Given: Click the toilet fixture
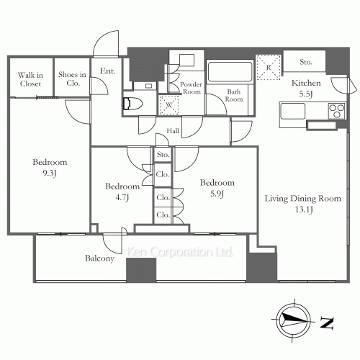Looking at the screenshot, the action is pos(132,104).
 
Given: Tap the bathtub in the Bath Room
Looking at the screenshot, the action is pos(230,71).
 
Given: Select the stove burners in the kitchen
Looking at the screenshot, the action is pos(337,111).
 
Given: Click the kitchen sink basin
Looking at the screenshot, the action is pos(292,111).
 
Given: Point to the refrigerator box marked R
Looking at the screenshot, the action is pos(269,68).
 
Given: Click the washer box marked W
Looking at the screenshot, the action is pos(169,105).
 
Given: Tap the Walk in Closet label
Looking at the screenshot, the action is pos(30,79).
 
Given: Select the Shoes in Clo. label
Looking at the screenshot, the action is pos(72,78).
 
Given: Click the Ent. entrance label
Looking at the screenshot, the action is pos(107,71).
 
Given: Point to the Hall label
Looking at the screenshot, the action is pos(173,131).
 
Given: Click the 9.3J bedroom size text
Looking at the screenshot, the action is pos(50,174).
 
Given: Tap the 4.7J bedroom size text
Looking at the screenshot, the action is pos(122,197).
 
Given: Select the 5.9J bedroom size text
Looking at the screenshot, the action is pos(217,194).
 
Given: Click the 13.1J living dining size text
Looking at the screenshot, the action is pos(304,210).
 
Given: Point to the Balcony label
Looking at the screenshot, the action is pos(99,258).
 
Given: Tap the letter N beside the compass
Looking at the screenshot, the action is pos(327,323).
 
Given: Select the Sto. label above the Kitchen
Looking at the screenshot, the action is pos(306,62).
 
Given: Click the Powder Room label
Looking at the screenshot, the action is pos(191,88).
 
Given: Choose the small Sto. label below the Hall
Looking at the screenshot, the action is pos(163,155).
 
